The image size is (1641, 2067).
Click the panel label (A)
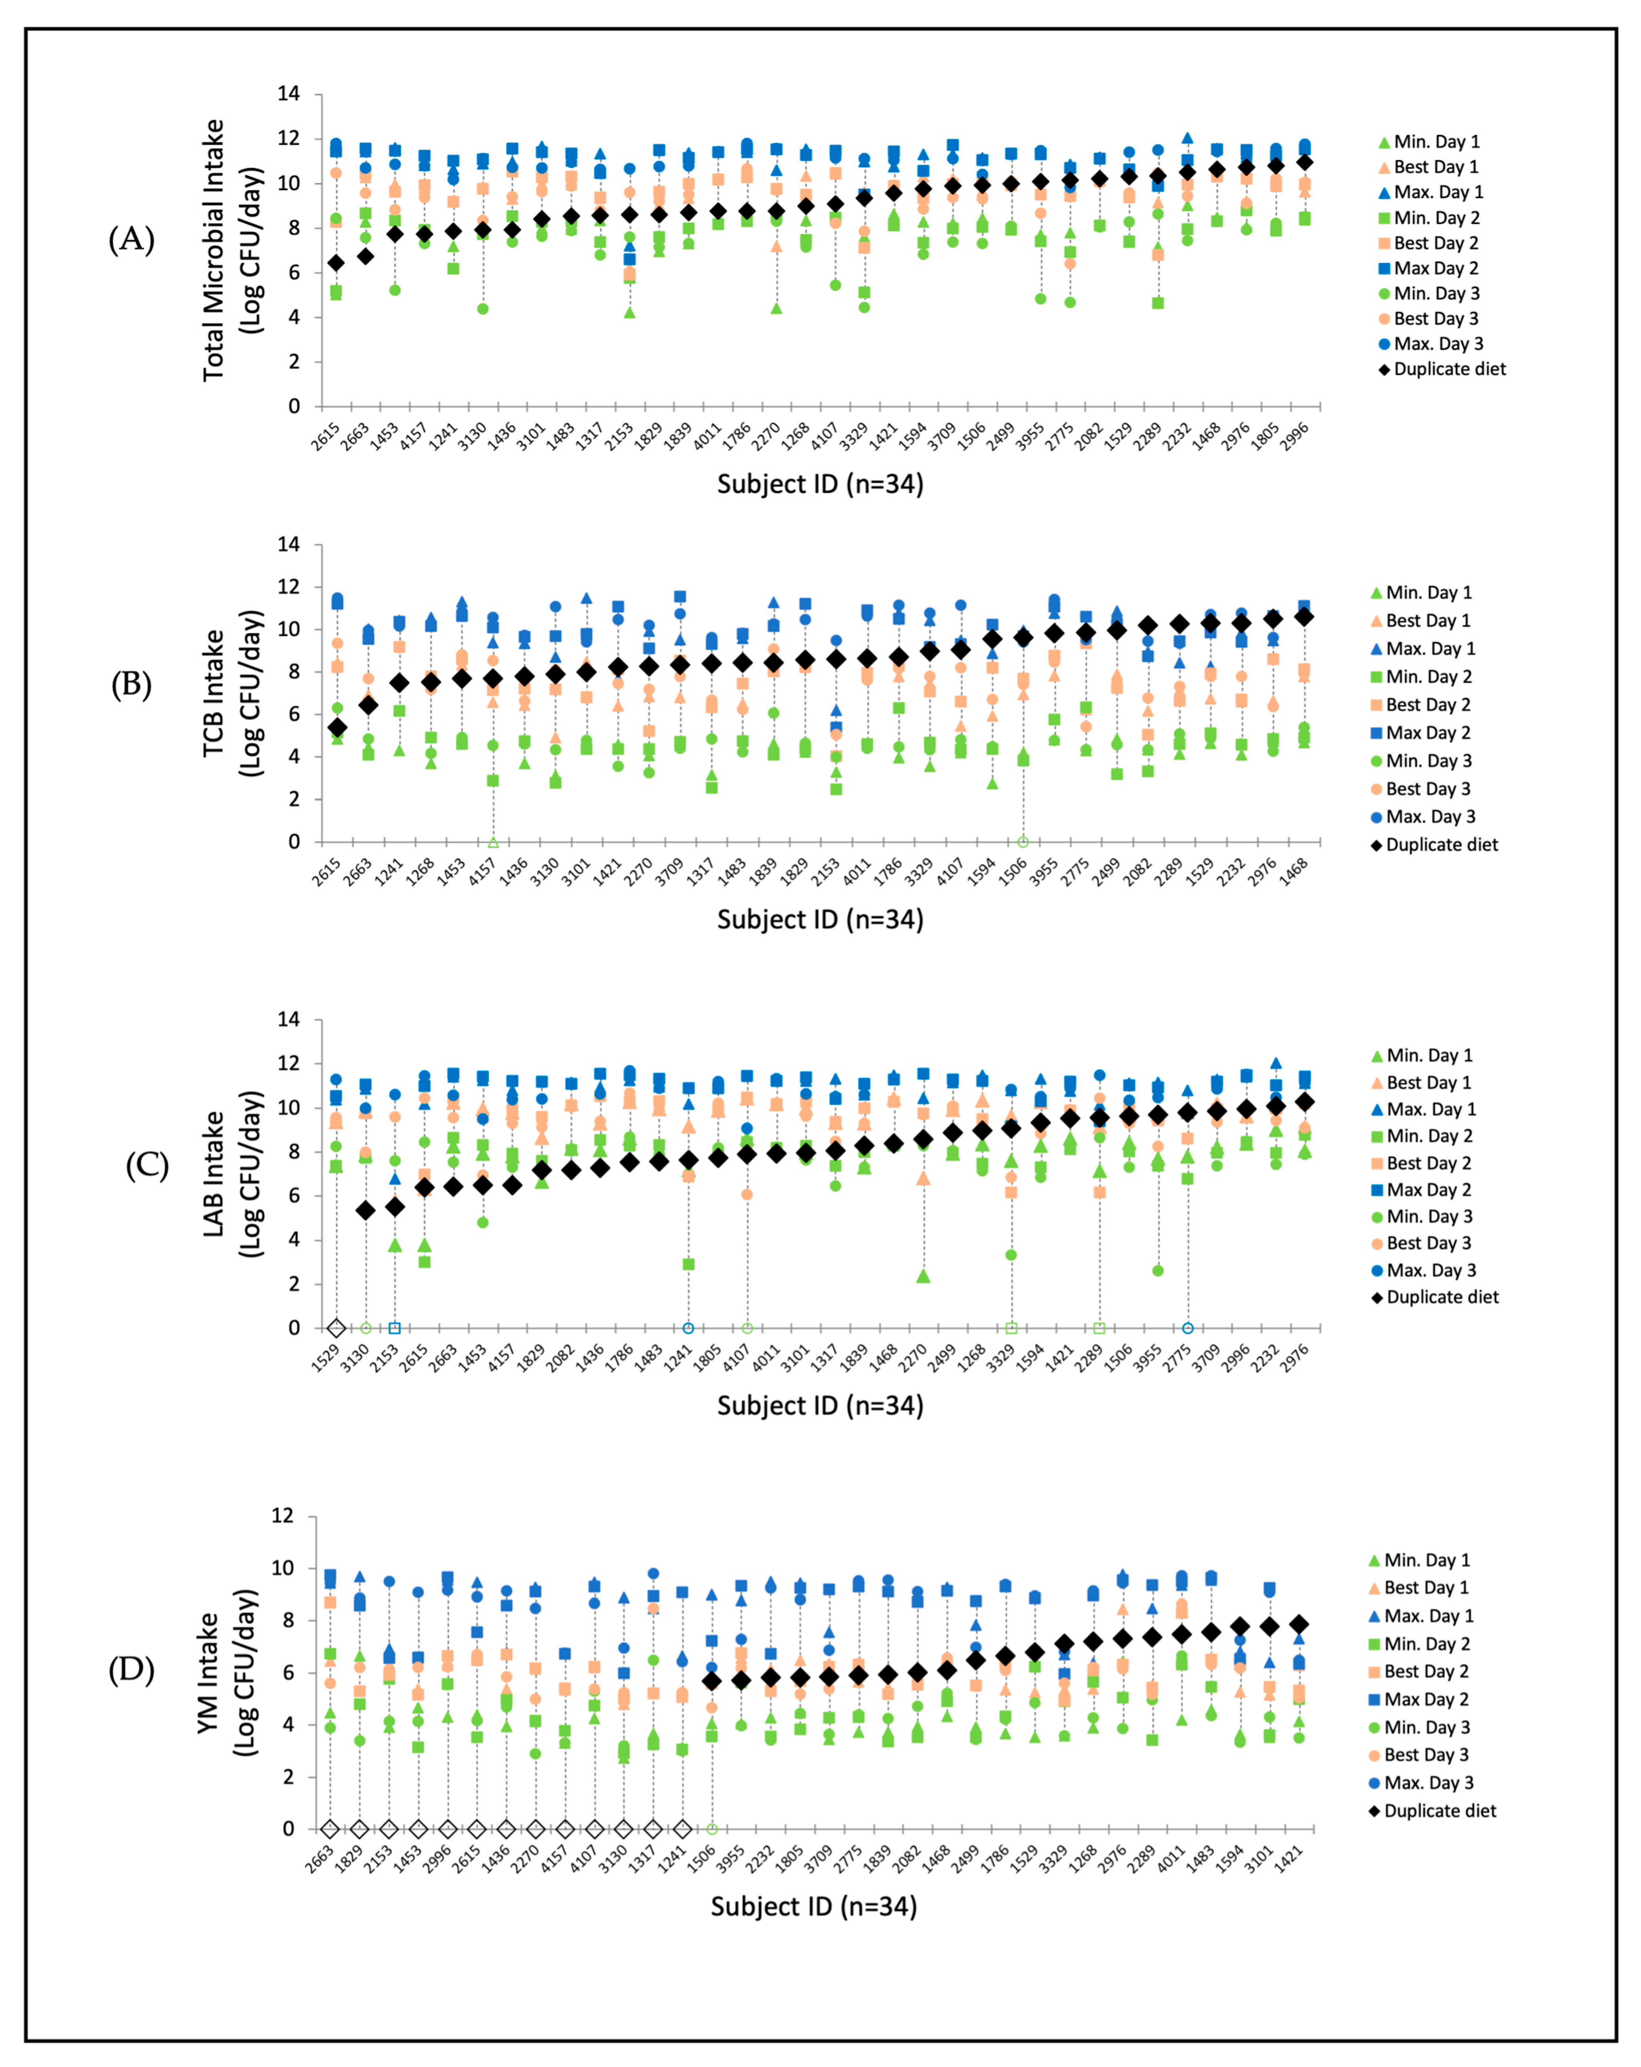coord(131,240)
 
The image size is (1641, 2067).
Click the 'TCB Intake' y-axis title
coord(213,692)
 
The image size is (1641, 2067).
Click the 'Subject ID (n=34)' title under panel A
coord(820,484)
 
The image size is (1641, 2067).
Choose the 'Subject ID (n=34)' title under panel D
coord(813,1906)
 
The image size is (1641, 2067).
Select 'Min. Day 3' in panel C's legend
coord(1431,1217)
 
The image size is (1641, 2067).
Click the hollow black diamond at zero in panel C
coord(336,1328)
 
